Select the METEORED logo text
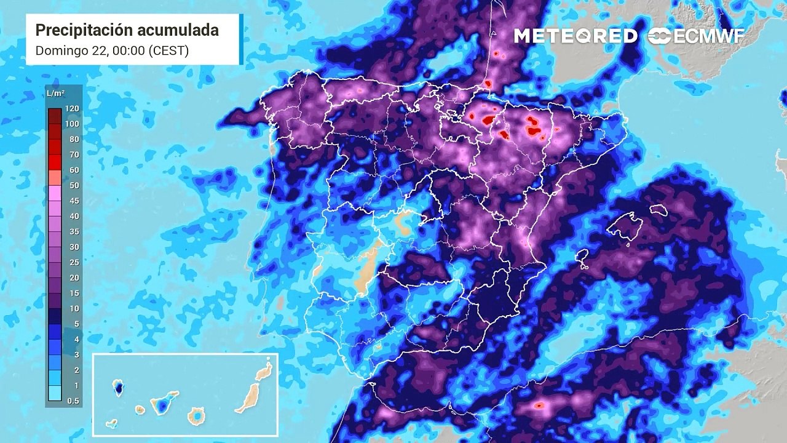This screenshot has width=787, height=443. [575, 36]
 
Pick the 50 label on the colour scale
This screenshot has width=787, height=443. [74, 185]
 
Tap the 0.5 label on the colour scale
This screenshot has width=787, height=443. [73, 401]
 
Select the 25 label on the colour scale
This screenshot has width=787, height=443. [74, 262]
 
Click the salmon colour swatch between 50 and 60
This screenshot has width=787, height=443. [55, 177]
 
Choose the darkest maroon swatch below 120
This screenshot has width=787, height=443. [55, 116]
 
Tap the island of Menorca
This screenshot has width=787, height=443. [658, 210]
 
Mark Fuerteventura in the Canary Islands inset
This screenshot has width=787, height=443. [248, 397]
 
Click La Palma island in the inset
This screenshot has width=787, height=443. [117, 387]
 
